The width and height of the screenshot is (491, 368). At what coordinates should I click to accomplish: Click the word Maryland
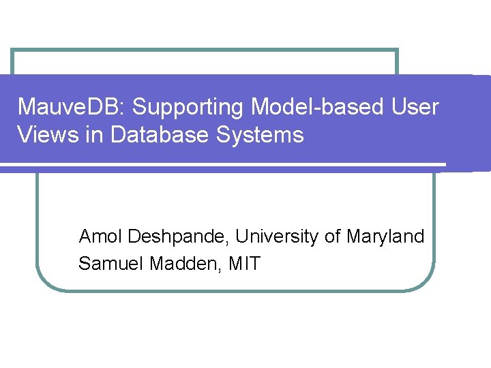(385, 237)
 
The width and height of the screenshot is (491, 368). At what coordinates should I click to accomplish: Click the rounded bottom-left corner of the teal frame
(43, 281)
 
